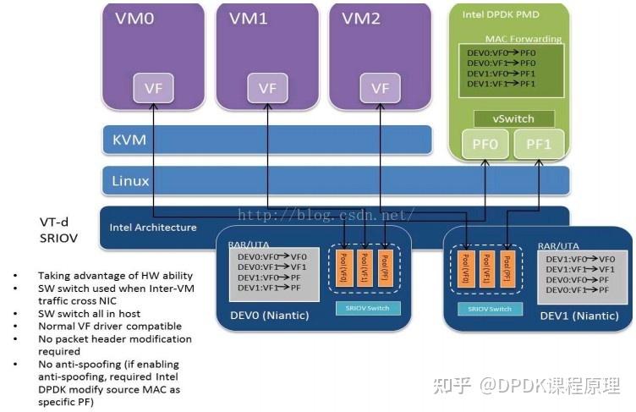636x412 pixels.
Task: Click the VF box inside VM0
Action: pos(154,87)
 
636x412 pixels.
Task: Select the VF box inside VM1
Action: pos(267,87)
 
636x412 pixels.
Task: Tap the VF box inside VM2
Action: pos(380,87)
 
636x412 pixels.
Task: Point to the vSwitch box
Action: pos(514,118)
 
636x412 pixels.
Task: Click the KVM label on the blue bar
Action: pos(130,140)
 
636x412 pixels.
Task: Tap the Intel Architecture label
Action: pos(153,227)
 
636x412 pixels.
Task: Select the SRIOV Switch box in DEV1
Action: pos(489,310)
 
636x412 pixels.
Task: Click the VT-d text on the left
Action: pos(55,222)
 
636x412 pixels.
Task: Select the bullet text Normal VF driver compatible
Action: pos(109,326)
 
